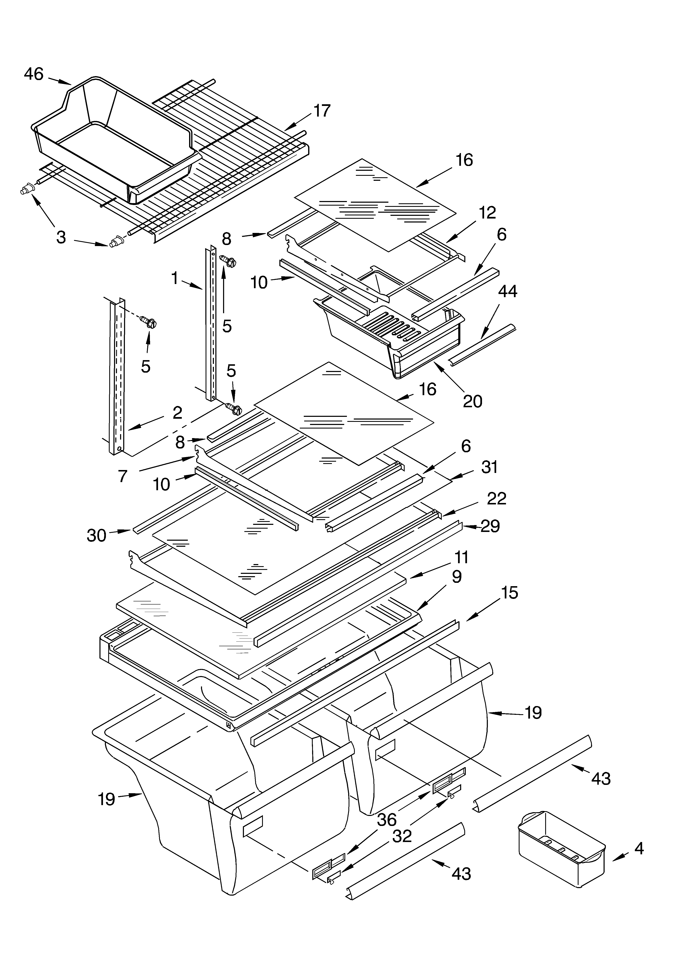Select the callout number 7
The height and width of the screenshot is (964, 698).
tap(123, 476)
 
